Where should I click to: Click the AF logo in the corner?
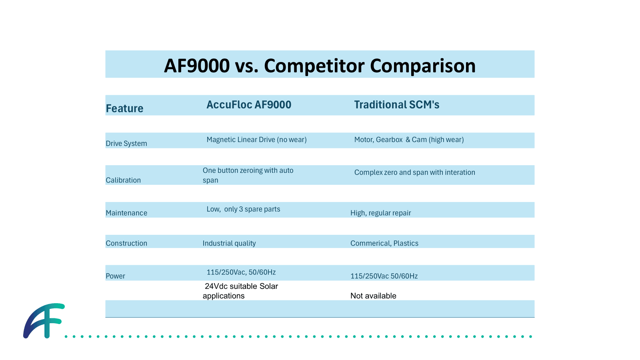[43, 321]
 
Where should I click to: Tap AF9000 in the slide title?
[197, 66]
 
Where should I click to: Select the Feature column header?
[124, 108]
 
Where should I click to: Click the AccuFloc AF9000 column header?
[249, 105]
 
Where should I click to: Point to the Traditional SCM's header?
[396, 105]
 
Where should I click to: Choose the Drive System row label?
[126, 144]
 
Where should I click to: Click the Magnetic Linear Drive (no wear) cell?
[256, 140]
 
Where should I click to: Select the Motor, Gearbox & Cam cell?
[409, 140]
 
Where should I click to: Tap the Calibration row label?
[123, 180]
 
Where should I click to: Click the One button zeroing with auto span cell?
[248, 175]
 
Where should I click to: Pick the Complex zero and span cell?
[414, 172]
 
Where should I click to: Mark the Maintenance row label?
[126, 213]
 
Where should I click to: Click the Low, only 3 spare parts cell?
[243, 209]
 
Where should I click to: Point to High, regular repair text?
[380, 213]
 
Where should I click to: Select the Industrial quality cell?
[229, 243]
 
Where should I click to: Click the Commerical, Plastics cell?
[384, 243]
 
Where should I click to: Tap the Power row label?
[115, 276]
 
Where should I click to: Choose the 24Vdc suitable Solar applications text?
[240, 291]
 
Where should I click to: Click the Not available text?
[373, 296]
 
